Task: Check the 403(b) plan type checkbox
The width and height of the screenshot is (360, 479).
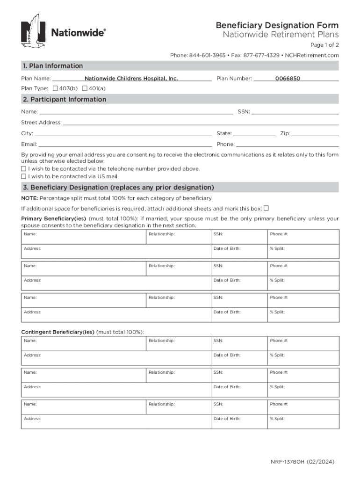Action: tap(55, 88)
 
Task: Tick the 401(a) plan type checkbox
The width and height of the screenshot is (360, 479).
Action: tap(85, 88)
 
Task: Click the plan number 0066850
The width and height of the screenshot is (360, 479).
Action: tap(288, 79)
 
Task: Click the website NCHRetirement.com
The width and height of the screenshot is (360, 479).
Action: tap(312, 56)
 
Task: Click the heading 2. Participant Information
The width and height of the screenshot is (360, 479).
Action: tap(64, 100)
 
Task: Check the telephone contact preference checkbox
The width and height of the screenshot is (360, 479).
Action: tap(23, 168)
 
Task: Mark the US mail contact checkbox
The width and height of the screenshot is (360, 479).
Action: tap(23, 176)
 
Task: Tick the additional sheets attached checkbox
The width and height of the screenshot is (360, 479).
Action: tap(266, 208)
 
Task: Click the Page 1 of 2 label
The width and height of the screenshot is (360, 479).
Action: tap(325, 45)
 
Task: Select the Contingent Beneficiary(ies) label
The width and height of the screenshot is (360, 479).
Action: tap(58, 332)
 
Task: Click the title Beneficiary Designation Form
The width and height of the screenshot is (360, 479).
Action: tap(277, 25)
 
